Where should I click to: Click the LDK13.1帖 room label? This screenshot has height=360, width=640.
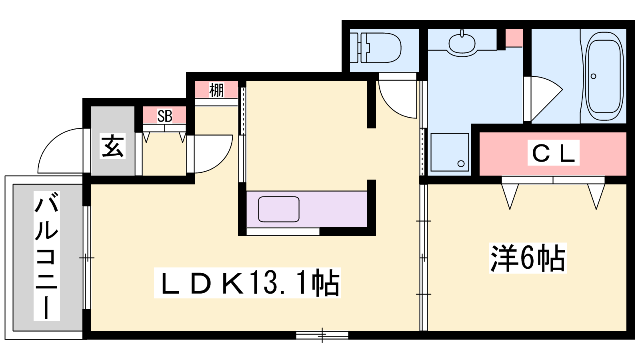coord(248,283)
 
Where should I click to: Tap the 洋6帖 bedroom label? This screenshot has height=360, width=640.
coord(528,258)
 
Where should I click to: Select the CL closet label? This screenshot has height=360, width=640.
coord(553,152)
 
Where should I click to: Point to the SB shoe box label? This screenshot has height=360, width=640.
coord(165,116)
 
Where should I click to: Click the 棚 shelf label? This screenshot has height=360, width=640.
coord(216,90)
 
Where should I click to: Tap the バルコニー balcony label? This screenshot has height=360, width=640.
coord(46,256)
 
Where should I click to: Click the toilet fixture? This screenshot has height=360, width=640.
coord(376,48)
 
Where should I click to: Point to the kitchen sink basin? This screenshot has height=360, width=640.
coord(278,209)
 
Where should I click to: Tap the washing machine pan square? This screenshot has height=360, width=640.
coord(450,152)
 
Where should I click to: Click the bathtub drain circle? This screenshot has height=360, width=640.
coord(593,76)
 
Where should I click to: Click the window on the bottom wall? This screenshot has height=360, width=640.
coord(322,335)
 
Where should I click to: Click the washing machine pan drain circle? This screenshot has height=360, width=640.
coord(461,164)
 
